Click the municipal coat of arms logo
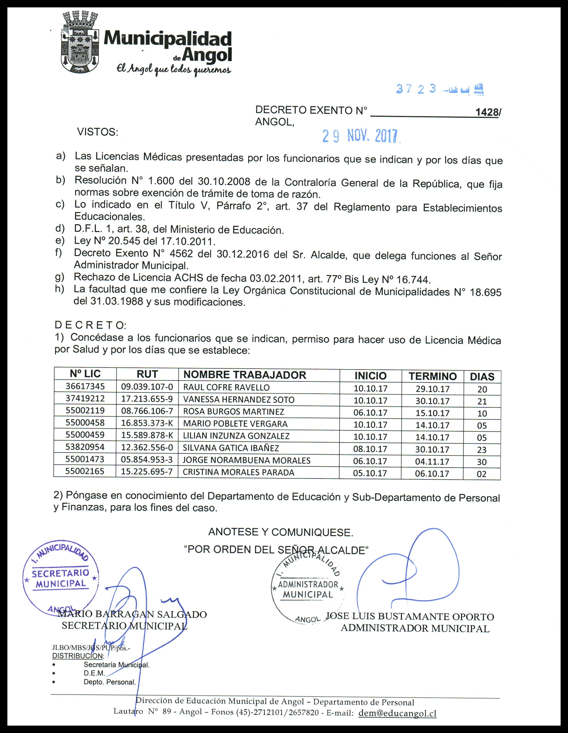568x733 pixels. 80,42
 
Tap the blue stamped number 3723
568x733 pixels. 416,89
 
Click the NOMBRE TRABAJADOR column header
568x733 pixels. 245,375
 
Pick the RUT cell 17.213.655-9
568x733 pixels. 147,399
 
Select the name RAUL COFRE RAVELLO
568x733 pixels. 226,387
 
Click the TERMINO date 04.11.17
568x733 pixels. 432,461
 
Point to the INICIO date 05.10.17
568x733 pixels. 370,473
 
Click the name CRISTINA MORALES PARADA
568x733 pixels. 238,472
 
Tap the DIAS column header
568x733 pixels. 482,377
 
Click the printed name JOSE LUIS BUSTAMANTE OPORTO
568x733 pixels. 410,617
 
